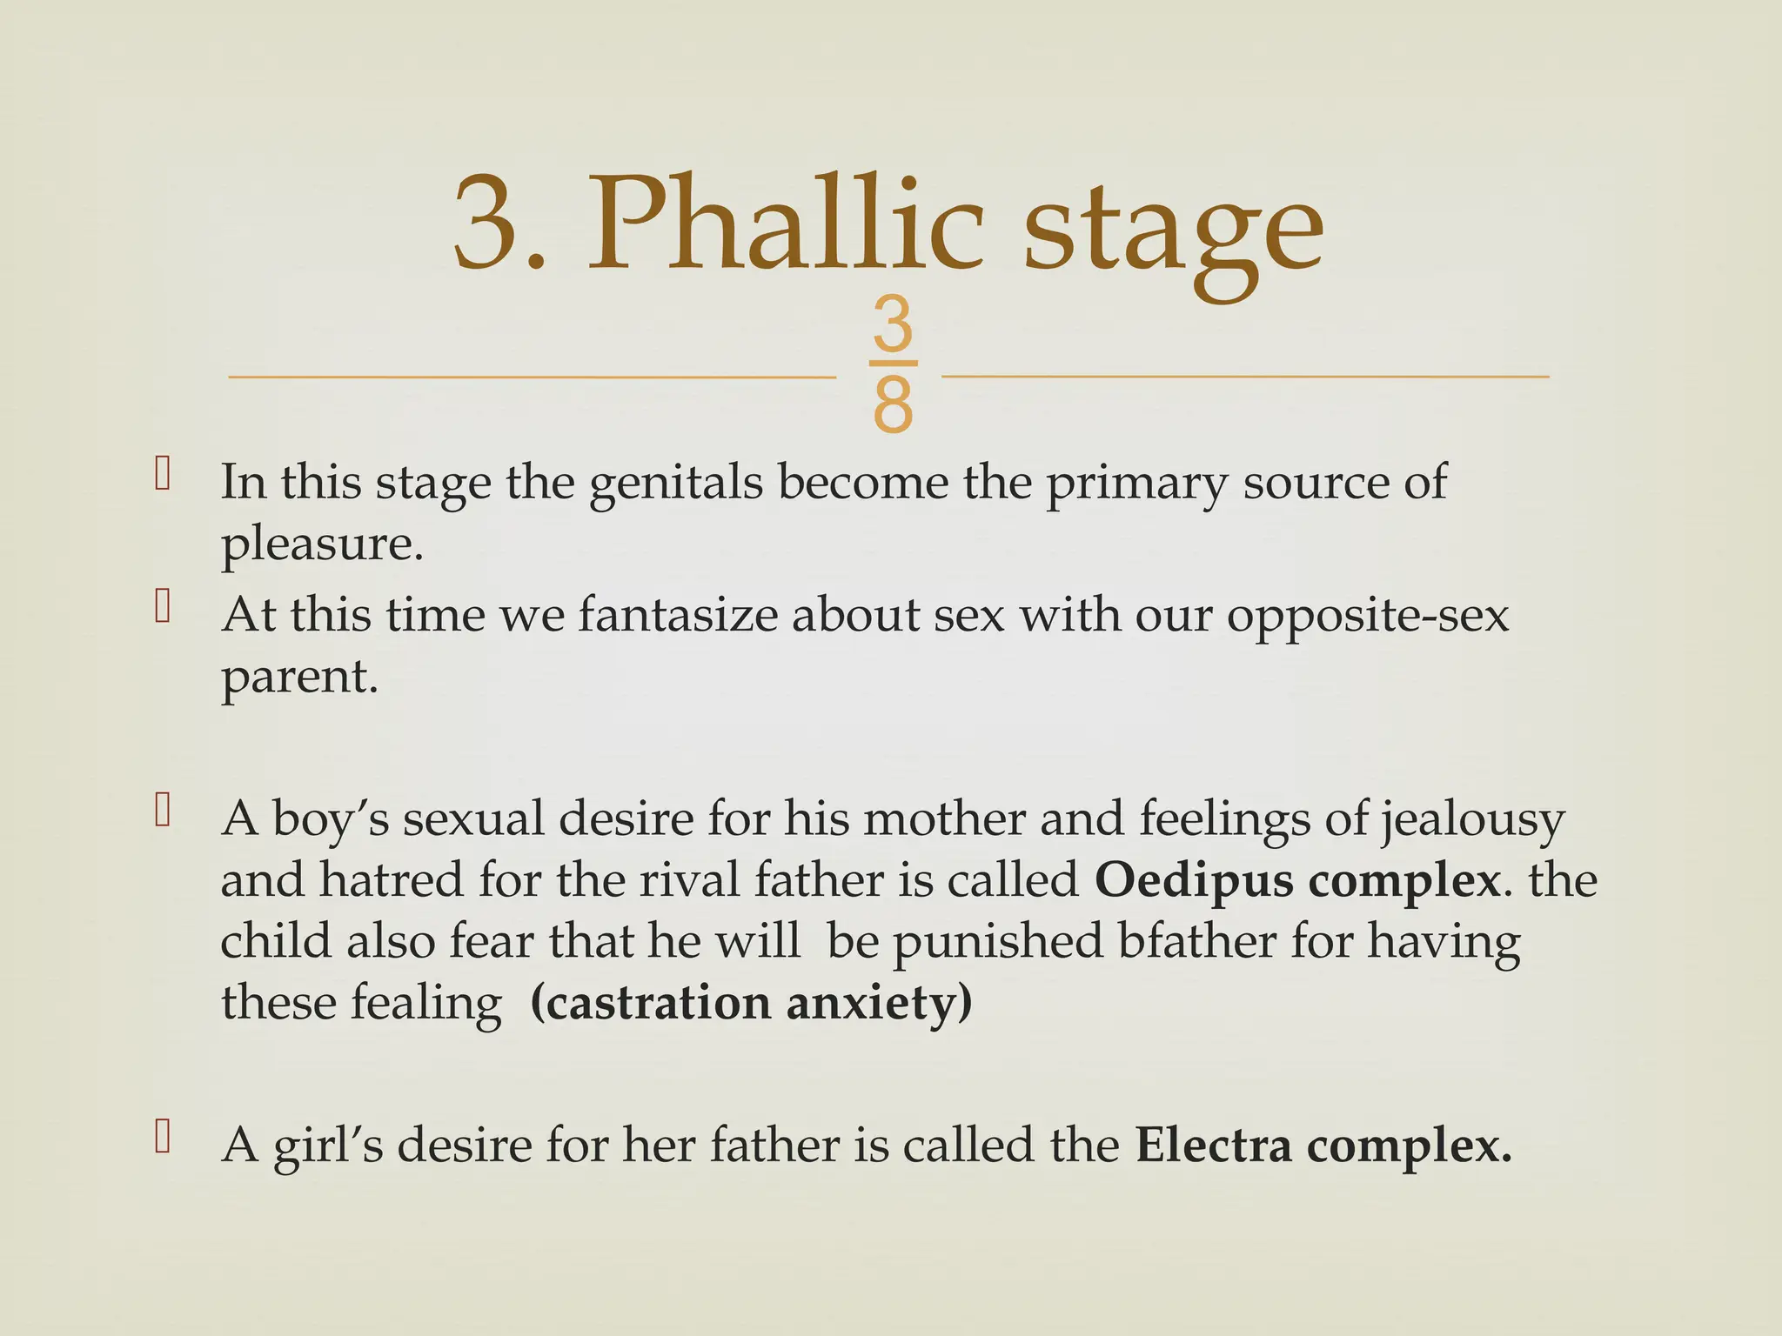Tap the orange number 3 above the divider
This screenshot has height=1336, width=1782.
point(893,324)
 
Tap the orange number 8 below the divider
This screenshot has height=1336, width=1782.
point(893,405)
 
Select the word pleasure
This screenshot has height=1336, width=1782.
point(322,545)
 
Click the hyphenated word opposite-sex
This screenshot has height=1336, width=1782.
point(1368,618)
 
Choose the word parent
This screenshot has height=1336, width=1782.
point(299,678)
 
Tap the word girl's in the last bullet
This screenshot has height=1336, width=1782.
point(328,1146)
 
